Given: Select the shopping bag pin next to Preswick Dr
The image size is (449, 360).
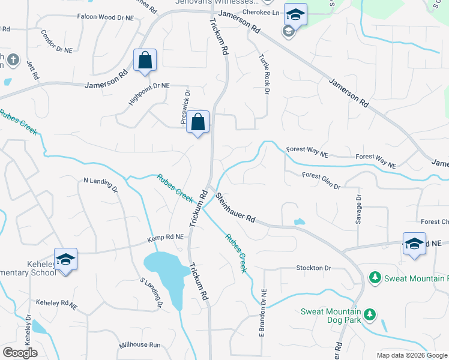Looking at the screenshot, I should (198, 122).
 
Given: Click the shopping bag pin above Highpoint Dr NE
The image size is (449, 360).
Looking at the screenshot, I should (145, 61).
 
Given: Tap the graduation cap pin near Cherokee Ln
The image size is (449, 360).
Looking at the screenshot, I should (295, 14).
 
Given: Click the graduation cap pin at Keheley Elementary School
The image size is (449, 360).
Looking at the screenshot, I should (65, 260).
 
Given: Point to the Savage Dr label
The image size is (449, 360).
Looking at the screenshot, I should (358, 209).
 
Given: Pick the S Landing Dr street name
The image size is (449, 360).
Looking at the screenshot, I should (151, 292).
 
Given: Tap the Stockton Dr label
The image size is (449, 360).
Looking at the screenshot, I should (313, 268).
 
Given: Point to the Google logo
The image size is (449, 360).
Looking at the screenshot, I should (19, 353).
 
